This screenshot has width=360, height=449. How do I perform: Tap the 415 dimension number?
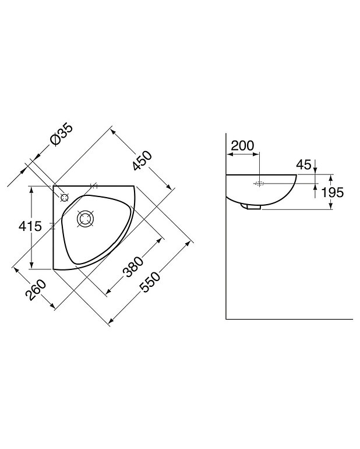(x=30, y=226)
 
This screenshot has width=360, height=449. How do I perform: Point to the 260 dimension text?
(x=36, y=290)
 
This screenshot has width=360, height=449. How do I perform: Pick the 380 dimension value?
(x=133, y=267)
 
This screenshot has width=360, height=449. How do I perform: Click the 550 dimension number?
(x=150, y=282)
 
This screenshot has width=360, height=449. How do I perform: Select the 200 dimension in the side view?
(x=242, y=146)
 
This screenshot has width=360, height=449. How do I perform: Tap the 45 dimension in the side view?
(x=303, y=164)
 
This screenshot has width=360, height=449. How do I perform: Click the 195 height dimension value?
(x=332, y=192)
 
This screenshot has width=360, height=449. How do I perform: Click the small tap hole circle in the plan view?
(x=65, y=198)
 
